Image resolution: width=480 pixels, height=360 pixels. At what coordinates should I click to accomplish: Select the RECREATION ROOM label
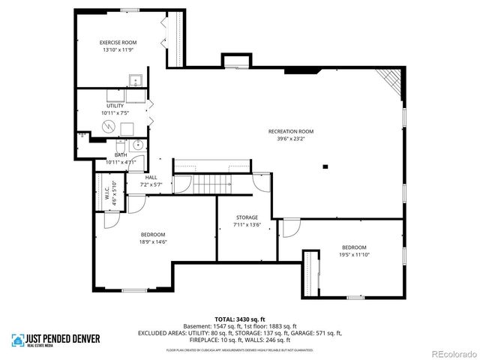[x=291, y=131]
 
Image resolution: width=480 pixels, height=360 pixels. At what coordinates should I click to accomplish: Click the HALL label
[x=151, y=178]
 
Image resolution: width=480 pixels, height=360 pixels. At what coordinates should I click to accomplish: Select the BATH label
[x=120, y=155]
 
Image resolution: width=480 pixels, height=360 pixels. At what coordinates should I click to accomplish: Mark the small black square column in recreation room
[x=325, y=166]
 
